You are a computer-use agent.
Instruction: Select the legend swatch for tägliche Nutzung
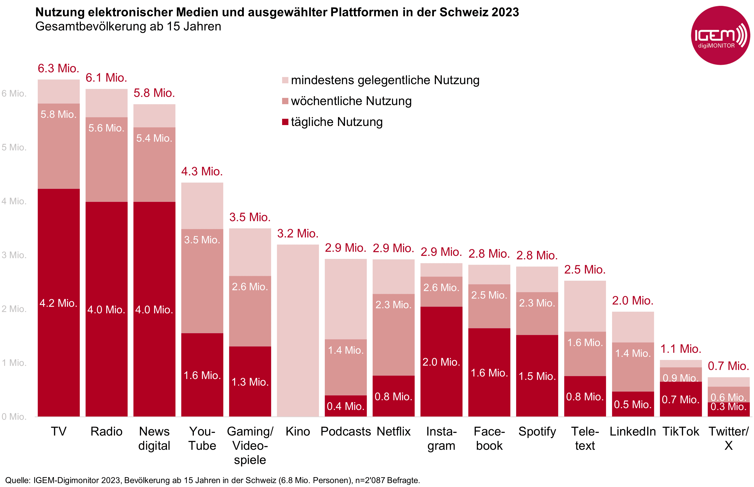click(x=285, y=122)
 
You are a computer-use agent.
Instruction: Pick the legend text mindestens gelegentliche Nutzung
click(x=385, y=80)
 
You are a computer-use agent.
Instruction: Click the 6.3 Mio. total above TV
click(x=59, y=68)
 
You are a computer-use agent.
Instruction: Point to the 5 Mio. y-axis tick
click(x=14, y=147)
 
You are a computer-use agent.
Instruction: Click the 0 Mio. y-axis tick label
click(x=14, y=416)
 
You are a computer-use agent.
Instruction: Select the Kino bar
click(x=298, y=331)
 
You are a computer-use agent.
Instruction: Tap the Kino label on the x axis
click(x=298, y=431)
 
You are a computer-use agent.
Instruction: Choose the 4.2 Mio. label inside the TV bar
click(x=59, y=303)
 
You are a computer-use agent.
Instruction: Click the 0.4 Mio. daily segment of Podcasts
click(x=346, y=406)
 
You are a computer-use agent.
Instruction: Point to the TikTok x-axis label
click(x=681, y=431)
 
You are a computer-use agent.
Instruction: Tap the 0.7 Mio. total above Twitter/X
click(x=728, y=366)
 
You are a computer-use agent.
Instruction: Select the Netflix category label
click(x=394, y=431)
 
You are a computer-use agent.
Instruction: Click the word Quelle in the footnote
click(x=17, y=480)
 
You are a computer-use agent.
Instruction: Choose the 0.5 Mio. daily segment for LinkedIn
click(x=632, y=404)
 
